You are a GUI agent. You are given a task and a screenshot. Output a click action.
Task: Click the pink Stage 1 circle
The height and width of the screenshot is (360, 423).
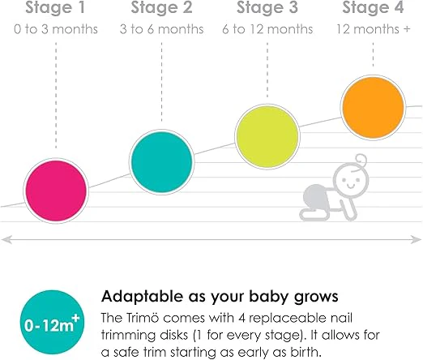[x=56, y=191]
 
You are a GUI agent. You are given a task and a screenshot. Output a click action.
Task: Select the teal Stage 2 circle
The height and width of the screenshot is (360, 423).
[x=161, y=162]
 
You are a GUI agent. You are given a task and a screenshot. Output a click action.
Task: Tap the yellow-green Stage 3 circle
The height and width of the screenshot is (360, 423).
[x=267, y=136]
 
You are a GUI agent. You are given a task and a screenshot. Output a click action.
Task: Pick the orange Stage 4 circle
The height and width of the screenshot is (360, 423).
[x=373, y=107]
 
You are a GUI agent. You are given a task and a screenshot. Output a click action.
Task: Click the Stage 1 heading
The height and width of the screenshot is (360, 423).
[x=55, y=7]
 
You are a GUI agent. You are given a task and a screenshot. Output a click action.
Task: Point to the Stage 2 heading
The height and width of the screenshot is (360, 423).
[x=161, y=7]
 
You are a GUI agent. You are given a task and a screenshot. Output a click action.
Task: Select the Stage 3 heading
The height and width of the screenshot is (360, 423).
[x=267, y=7]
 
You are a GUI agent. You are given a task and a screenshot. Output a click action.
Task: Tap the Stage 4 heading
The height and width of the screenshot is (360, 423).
[x=373, y=7]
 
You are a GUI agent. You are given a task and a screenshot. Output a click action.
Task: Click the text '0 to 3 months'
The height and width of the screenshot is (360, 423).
[x=56, y=29]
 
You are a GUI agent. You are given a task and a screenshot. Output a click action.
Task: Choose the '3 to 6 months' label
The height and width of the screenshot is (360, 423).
[x=161, y=29]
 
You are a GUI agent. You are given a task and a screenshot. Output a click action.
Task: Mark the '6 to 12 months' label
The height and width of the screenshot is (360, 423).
[x=267, y=29]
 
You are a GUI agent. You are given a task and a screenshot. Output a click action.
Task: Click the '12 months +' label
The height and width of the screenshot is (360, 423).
[x=373, y=29]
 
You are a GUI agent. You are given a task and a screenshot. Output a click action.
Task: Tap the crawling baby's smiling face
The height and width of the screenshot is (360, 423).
[x=351, y=180]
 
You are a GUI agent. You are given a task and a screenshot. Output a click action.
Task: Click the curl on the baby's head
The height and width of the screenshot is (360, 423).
[x=361, y=161]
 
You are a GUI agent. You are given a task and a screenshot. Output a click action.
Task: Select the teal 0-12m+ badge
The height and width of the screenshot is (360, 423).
[x=52, y=322]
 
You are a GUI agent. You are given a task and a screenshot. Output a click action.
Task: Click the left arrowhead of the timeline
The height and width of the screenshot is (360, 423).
[x=6, y=239]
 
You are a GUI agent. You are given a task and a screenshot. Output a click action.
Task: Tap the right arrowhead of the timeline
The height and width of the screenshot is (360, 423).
[x=416, y=239]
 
